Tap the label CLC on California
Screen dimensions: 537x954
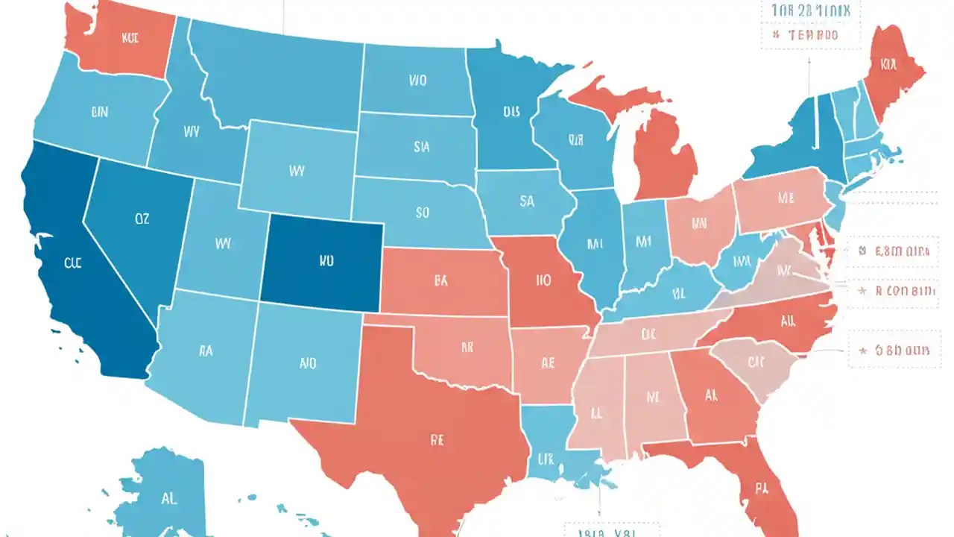pos(72,263)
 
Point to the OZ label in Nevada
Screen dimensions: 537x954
pos(142,219)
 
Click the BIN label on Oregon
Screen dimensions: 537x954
pos(99,113)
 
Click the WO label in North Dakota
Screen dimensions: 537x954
pos(417,80)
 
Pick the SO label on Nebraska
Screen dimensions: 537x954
pos(422,213)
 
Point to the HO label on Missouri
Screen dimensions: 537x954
pos(543,282)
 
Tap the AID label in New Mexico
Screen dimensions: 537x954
pos(307,364)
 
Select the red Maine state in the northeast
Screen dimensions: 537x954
pos(891,71)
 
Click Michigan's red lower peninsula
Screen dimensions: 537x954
pos(666,157)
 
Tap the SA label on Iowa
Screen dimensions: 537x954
pos(527,201)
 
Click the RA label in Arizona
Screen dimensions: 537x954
pos(206,351)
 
